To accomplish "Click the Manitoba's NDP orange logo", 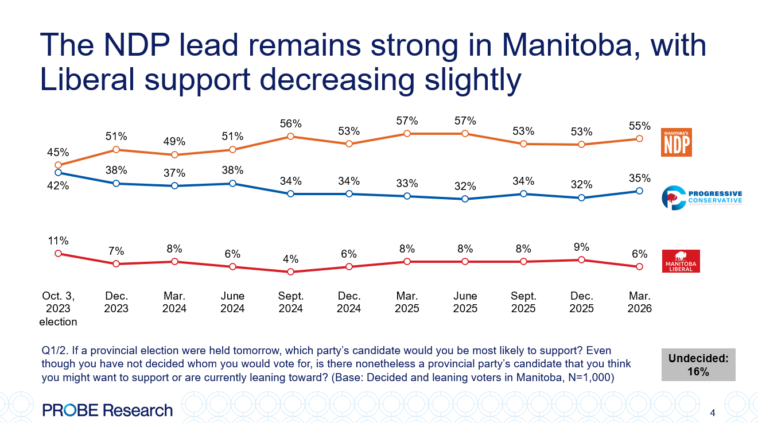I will coord(677,142).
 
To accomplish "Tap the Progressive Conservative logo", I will coord(701,197).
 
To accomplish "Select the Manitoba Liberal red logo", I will coord(681,261).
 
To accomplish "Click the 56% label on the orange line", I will coord(291,123).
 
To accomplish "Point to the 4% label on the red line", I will coord(291,259).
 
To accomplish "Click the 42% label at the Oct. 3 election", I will coord(58,186).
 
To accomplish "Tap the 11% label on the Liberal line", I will coord(58,240).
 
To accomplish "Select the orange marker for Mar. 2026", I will coord(639,139).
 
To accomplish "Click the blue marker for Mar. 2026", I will coord(639,191).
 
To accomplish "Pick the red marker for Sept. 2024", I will coord(291,272).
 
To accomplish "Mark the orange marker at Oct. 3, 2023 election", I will coord(58,165).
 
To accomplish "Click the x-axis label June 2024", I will coord(232,302).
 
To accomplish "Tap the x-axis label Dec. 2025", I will coord(581,302).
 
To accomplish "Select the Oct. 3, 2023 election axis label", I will coord(58,309).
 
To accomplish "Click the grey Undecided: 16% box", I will coord(698,364).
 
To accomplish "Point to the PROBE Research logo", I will coord(107,410).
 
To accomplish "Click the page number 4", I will coord(712,413).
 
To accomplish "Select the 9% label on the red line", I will coord(581,247).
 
